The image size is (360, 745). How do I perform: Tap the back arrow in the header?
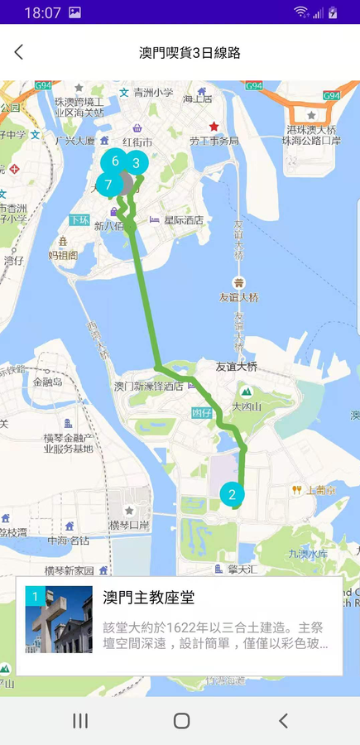tap(19, 52)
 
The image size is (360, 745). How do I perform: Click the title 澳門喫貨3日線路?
tap(190, 52)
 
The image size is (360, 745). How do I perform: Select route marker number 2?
tap(232, 495)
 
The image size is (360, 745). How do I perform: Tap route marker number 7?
tap(108, 185)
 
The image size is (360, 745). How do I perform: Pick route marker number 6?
tap(115, 161)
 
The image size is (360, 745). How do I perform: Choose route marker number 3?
tap(136, 163)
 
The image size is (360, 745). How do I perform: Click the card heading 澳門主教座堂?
tap(148, 597)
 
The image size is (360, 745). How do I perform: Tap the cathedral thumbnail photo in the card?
tap(59, 620)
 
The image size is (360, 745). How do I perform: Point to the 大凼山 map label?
tap(247, 406)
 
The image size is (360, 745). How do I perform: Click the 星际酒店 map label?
tap(183, 220)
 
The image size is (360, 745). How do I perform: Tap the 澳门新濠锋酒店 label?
tap(148, 386)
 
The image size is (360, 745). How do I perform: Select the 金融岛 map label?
tap(48, 382)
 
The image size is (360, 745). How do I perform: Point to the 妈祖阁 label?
tap(62, 255)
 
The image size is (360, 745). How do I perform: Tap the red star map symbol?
tap(214, 127)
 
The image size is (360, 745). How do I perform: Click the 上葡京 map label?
tap(320, 490)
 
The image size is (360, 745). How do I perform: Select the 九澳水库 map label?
tap(307, 553)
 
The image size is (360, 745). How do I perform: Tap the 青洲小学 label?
tap(153, 93)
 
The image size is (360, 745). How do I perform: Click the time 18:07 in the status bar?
tap(43, 12)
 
